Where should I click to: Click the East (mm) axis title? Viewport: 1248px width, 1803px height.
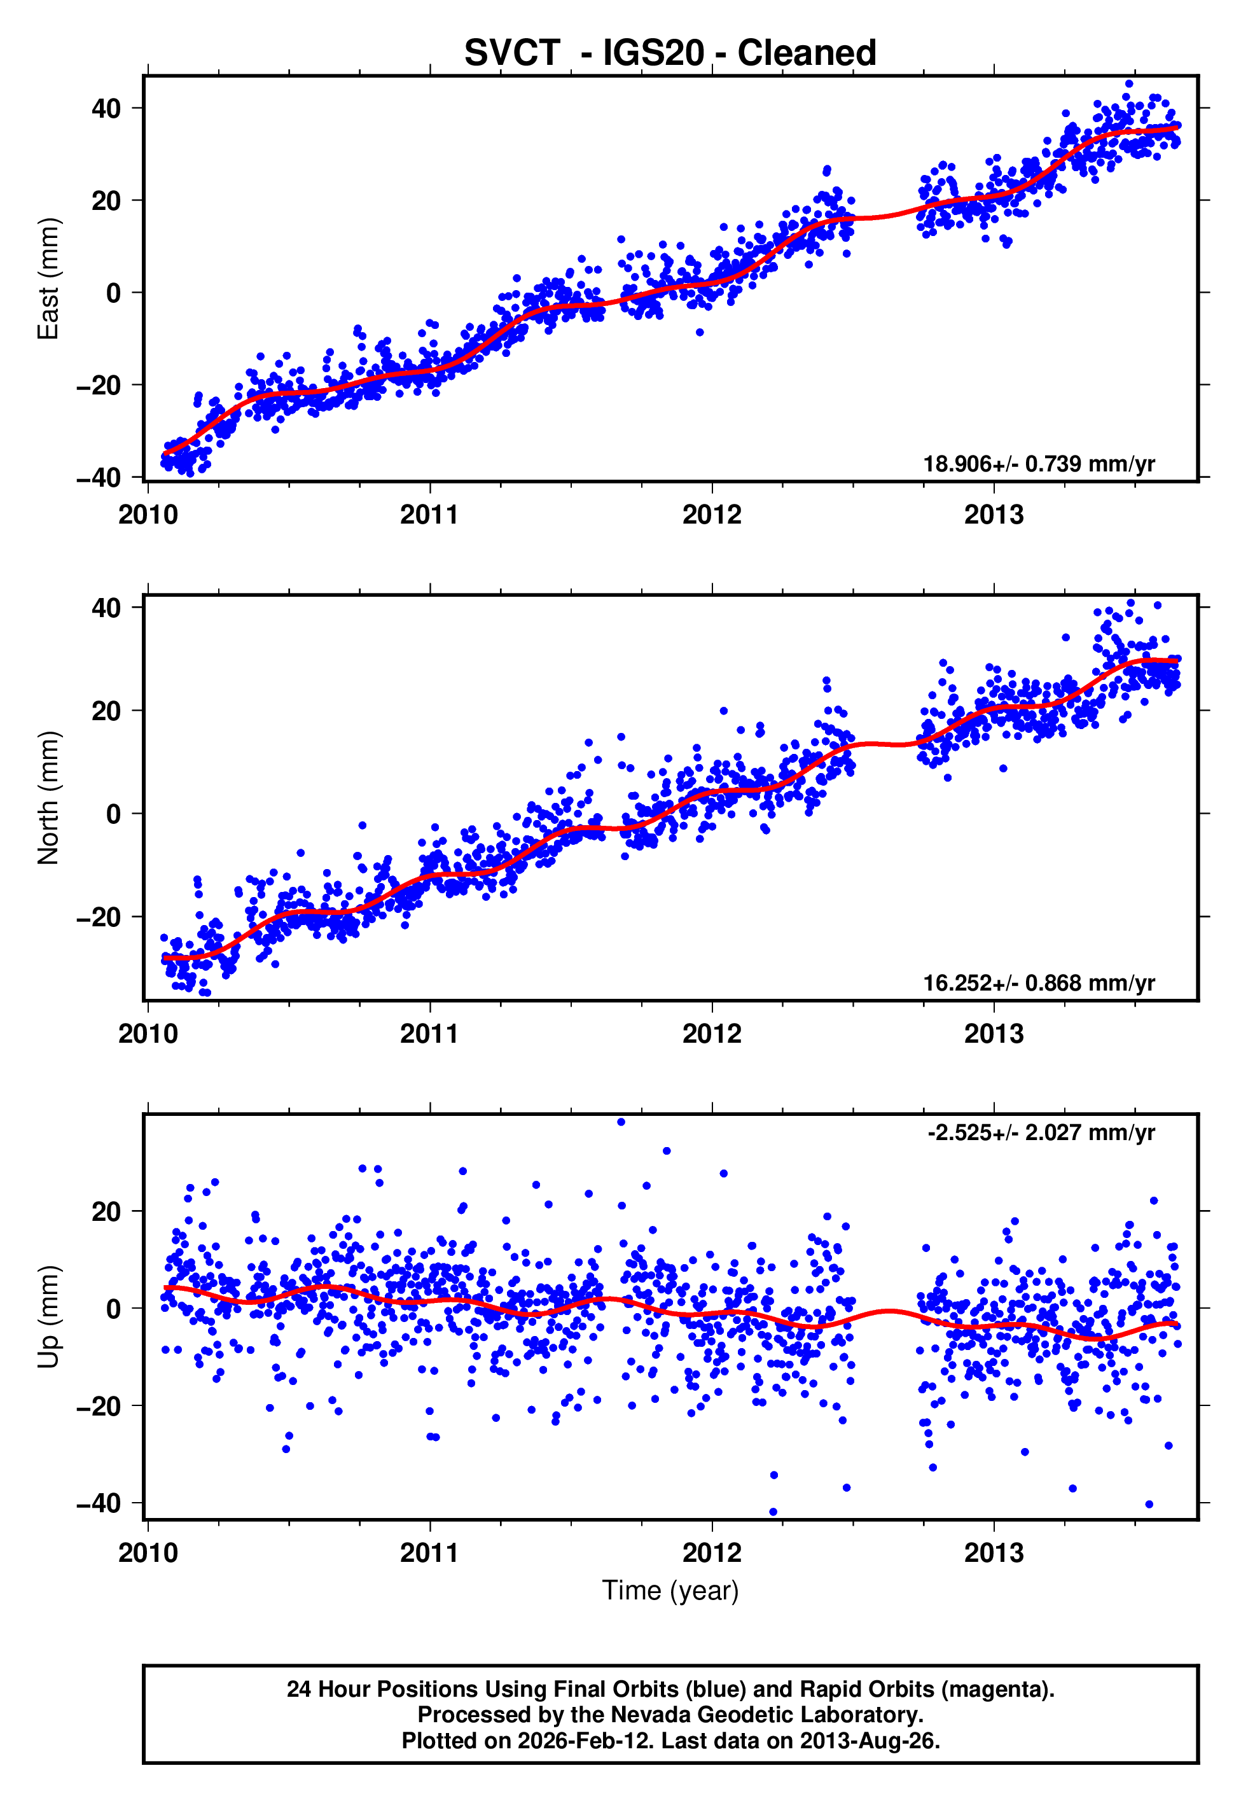[48, 279]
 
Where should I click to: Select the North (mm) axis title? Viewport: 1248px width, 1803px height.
[48, 798]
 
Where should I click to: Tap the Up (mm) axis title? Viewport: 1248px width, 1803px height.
[48, 1316]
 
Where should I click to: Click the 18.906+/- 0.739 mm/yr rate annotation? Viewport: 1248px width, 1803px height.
[1039, 464]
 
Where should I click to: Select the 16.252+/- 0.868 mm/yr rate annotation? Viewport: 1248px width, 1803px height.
[1039, 983]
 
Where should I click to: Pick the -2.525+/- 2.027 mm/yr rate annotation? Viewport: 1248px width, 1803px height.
[1041, 1132]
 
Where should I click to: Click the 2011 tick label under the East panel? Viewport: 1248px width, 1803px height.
[429, 515]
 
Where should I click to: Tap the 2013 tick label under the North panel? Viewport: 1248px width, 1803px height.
[993, 1034]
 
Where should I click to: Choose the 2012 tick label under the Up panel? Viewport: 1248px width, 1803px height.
[712, 1553]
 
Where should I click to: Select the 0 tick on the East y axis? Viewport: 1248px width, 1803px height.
[113, 293]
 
